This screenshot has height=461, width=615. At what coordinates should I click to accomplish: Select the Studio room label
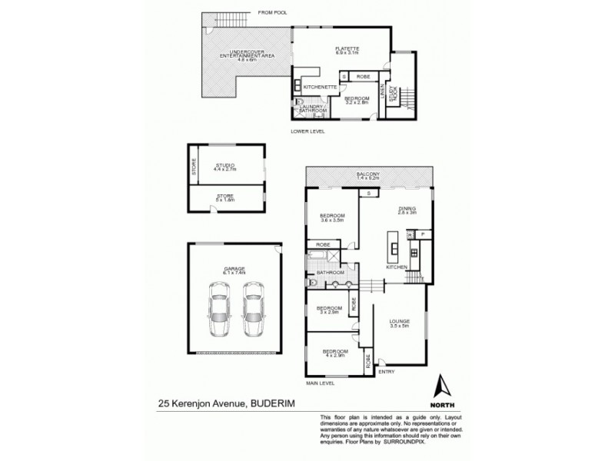coord(225,167)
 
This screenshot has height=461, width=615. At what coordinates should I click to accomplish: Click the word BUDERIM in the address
coord(274,401)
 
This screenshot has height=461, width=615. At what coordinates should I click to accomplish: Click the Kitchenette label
coord(321,88)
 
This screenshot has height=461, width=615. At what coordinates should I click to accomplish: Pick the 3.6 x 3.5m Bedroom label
coord(333,217)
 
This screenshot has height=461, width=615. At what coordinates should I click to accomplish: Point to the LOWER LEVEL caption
coord(307,131)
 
